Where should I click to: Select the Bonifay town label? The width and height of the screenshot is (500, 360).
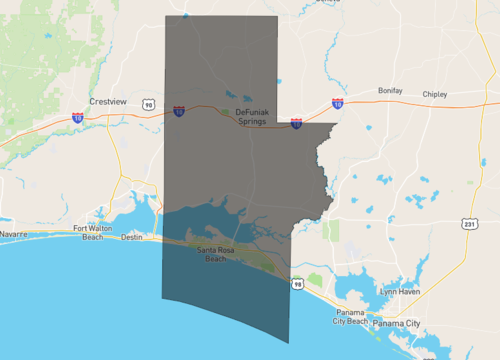click(x=389, y=90)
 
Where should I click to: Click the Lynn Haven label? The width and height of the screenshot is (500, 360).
click(x=400, y=290)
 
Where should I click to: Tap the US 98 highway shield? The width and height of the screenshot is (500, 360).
click(x=297, y=285)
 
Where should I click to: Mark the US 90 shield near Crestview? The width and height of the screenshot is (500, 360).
click(x=148, y=104)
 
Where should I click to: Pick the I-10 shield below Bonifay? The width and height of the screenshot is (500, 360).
click(x=337, y=102)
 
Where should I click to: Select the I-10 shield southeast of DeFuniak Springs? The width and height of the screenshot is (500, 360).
click(x=296, y=123)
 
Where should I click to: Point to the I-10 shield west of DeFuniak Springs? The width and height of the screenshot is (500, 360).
click(x=178, y=112)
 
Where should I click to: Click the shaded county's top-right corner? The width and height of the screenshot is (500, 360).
click(x=277, y=17)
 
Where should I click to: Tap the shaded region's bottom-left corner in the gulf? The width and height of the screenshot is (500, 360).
click(x=162, y=296)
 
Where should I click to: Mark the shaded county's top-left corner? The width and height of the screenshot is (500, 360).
click(x=165, y=17)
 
